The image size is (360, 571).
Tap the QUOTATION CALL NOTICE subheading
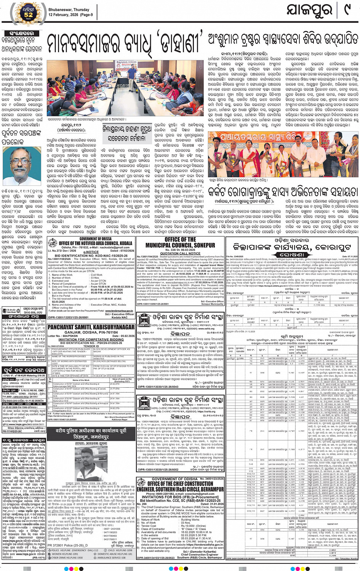180,253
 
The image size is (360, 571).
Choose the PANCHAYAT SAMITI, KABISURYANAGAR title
91,327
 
